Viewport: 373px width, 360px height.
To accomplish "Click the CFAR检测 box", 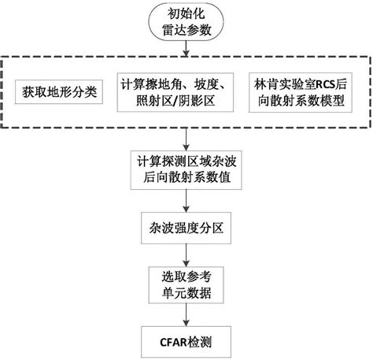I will pyautogui.click(x=185, y=343).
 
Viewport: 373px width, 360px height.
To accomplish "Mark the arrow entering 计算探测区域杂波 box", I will pyautogui.click(x=185, y=141).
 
